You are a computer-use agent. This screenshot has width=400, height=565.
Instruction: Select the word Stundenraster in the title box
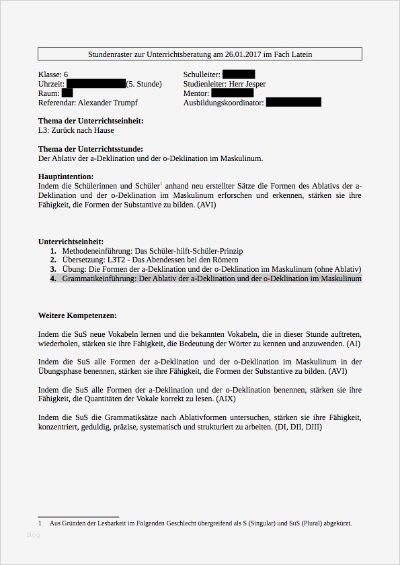(x=110, y=54)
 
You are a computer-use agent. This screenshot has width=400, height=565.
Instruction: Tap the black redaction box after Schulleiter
(x=238, y=74)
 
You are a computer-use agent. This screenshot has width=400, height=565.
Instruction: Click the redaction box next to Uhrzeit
(x=95, y=84)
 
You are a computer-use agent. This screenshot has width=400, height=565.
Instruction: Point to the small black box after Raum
(x=67, y=93)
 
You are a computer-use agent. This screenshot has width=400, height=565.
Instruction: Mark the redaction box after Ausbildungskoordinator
(x=293, y=103)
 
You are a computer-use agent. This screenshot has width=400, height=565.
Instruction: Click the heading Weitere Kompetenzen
(x=78, y=315)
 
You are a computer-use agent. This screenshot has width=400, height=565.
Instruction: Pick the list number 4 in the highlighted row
(x=53, y=278)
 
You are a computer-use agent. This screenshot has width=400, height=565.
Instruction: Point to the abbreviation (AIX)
(x=223, y=399)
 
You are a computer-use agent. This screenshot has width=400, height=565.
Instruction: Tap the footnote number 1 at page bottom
(x=40, y=523)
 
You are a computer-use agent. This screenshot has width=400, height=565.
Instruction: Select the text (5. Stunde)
(x=144, y=84)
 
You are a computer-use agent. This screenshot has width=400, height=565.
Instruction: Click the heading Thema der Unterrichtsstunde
(x=90, y=149)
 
